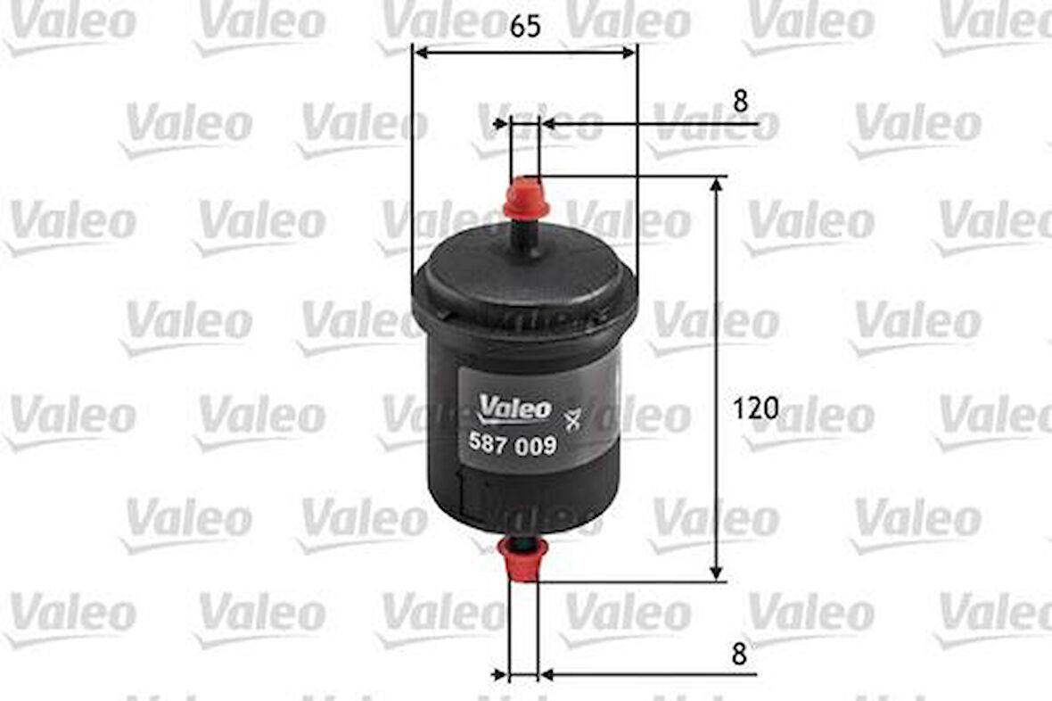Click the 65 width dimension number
526,27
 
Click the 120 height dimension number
755,408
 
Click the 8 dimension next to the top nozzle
740,102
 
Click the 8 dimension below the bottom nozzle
737,654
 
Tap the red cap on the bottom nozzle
523,560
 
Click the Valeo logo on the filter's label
516,408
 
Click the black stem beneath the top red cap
524,232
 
